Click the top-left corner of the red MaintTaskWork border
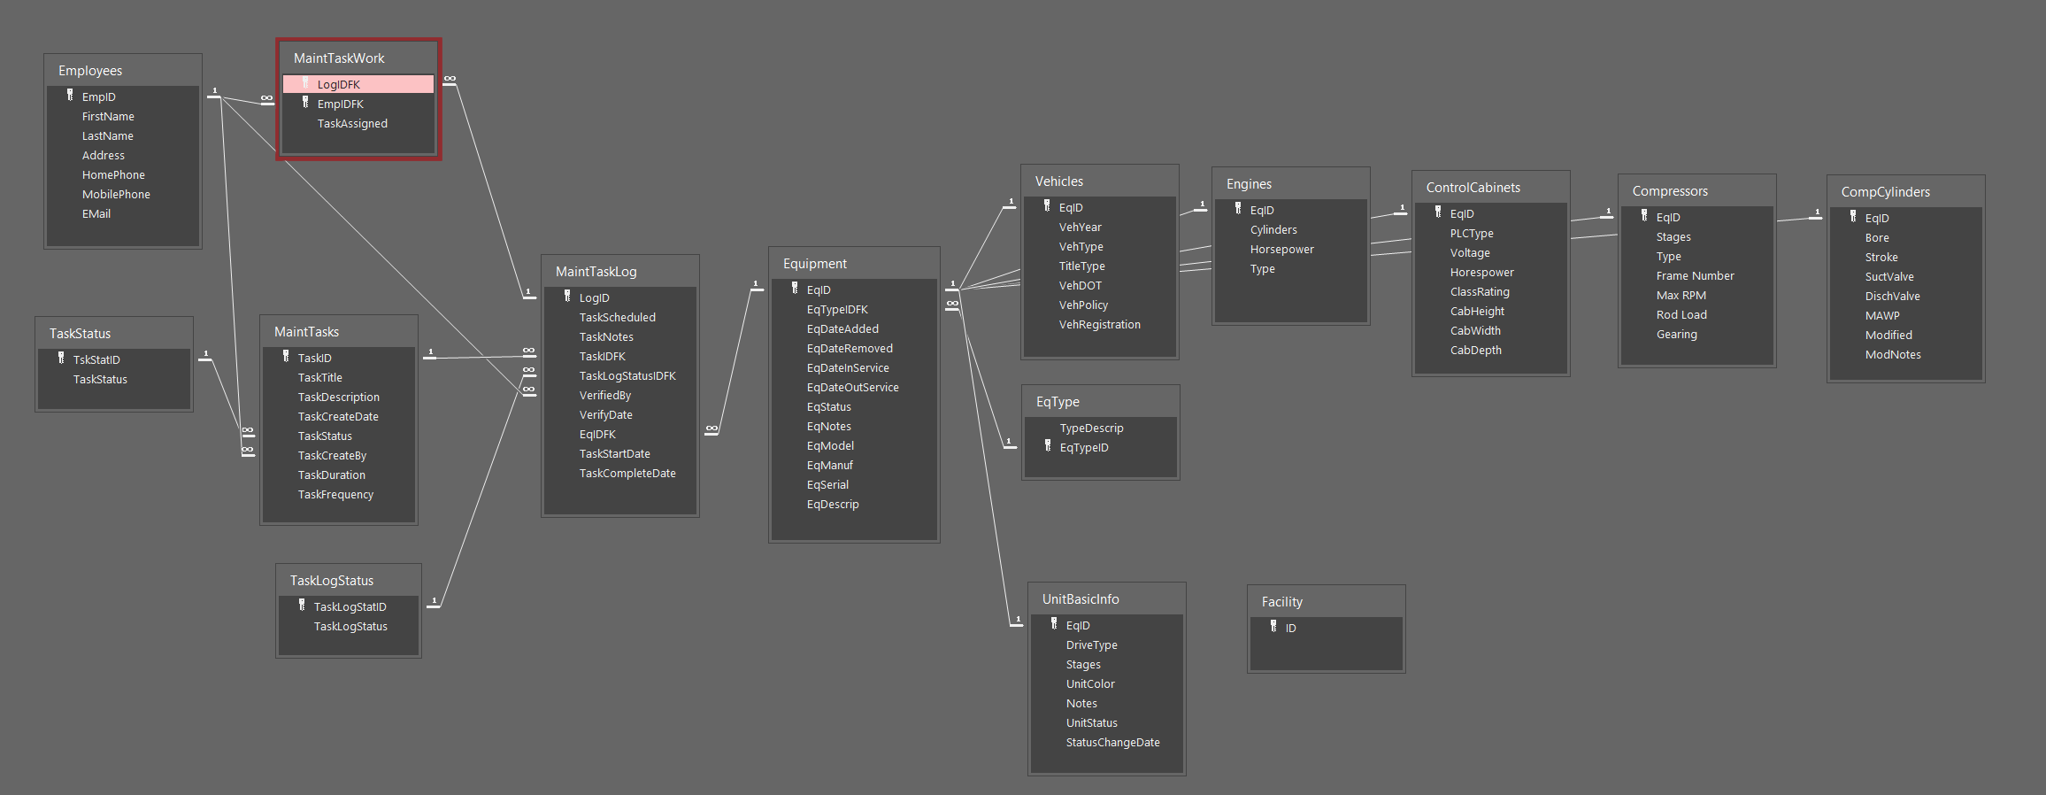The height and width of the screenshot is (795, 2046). click(x=277, y=39)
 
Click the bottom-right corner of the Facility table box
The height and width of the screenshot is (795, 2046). click(x=1405, y=673)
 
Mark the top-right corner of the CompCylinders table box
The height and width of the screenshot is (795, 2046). click(x=1985, y=175)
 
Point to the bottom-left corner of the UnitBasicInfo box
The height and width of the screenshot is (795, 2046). click(x=1028, y=776)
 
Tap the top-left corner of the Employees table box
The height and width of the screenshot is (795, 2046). click(x=44, y=54)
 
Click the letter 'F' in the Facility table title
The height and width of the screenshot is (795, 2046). click(x=1265, y=602)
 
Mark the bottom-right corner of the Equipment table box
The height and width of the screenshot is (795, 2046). click(x=940, y=543)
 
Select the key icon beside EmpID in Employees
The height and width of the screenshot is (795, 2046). click(x=70, y=96)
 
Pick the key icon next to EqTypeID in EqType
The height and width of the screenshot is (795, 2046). click(x=1048, y=446)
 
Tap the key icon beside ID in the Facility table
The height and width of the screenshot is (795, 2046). click(x=1273, y=627)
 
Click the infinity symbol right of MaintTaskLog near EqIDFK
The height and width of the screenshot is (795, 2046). click(x=711, y=428)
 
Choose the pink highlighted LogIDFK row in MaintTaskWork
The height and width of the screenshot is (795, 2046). click(x=358, y=84)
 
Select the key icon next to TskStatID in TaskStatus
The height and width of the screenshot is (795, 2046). click(x=61, y=359)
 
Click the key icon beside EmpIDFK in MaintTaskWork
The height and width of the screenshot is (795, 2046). click(x=305, y=103)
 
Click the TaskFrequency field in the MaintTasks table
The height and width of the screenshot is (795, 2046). click(x=335, y=495)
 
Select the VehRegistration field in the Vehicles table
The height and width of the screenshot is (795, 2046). click(x=1099, y=325)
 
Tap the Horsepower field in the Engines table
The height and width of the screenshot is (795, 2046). click(x=1281, y=250)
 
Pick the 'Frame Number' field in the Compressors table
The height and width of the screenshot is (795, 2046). click(x=1695, y=276)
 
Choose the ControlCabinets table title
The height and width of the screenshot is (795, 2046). click(x=1473, y=188)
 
